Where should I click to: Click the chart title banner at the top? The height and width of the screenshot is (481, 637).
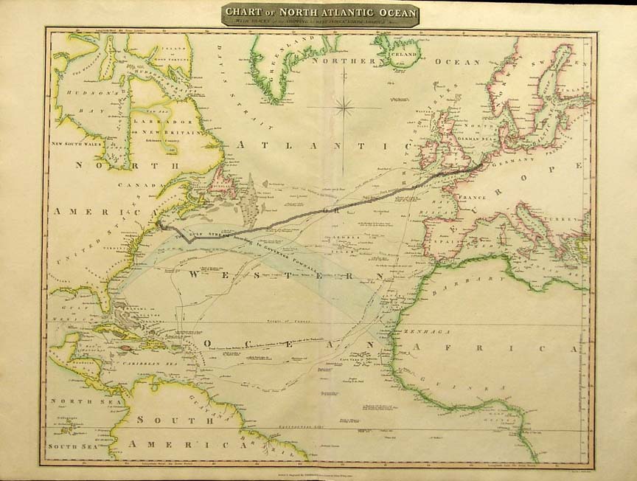[321, 15]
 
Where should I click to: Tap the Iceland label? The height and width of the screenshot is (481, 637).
[405, 54]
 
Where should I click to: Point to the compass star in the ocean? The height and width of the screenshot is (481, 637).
[344, 108]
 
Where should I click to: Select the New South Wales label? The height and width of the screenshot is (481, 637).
[76, 144]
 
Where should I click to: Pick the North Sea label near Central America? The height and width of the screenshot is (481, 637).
[70, 402]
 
